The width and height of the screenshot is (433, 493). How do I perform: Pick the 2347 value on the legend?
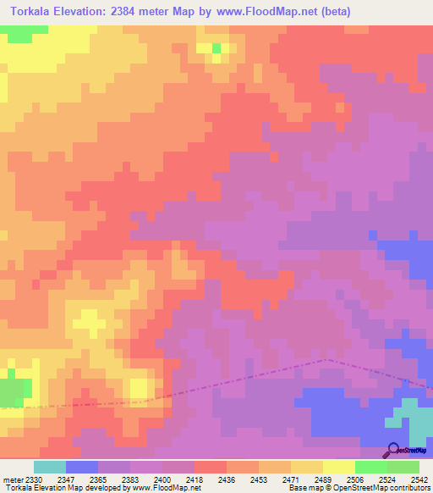pos(67,479)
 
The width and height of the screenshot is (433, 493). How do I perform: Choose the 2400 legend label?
pos(163,479)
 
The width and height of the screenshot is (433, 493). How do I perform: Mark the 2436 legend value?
pos(227,479)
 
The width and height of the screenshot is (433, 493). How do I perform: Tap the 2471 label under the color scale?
pos(291,479)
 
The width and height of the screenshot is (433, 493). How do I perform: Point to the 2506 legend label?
pos(355,479)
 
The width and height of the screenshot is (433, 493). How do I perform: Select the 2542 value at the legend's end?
pos(419,479)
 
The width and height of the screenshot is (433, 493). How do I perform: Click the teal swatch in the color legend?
pos(50,467)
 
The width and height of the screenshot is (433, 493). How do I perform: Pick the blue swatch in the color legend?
pos(82,467)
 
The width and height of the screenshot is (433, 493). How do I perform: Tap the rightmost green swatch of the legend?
pos(403,467)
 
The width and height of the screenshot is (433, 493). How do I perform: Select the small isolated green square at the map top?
pos(216,48)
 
